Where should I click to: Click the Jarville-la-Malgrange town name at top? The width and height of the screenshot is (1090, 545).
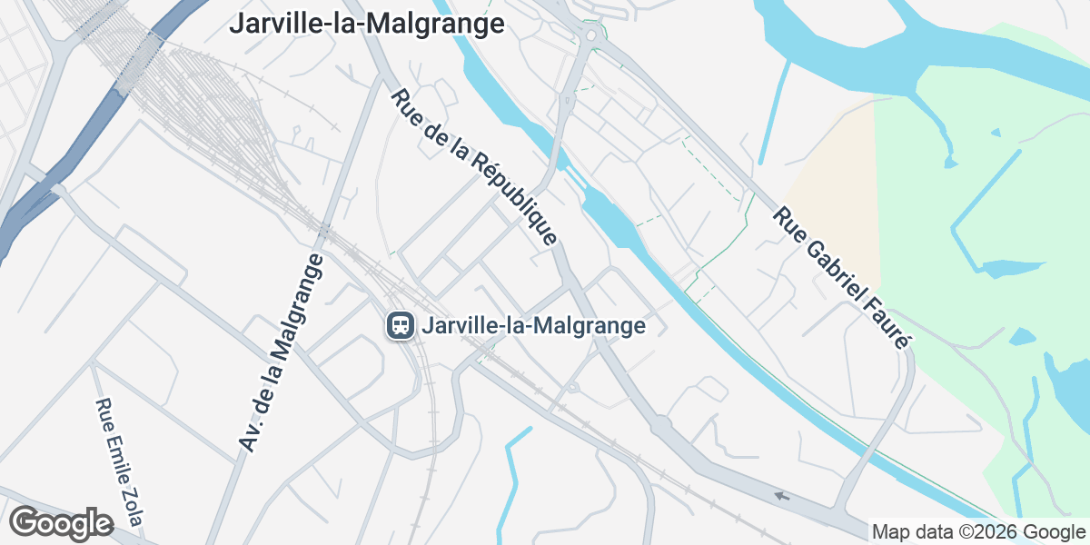(366, 23)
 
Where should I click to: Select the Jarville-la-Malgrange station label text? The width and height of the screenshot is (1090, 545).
(534, 325)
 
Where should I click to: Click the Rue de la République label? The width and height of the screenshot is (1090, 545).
(474, 168)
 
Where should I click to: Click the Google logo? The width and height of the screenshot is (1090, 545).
(62, 524)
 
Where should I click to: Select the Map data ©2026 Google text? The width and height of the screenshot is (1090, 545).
(978, 531)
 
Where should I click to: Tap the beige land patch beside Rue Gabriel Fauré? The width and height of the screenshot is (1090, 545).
(840, 191)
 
